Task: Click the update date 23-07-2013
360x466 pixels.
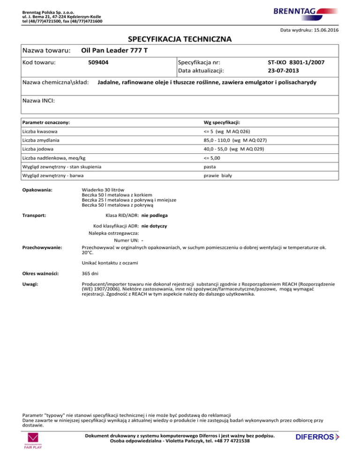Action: [283, 71]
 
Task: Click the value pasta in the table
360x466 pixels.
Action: [203, 166]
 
